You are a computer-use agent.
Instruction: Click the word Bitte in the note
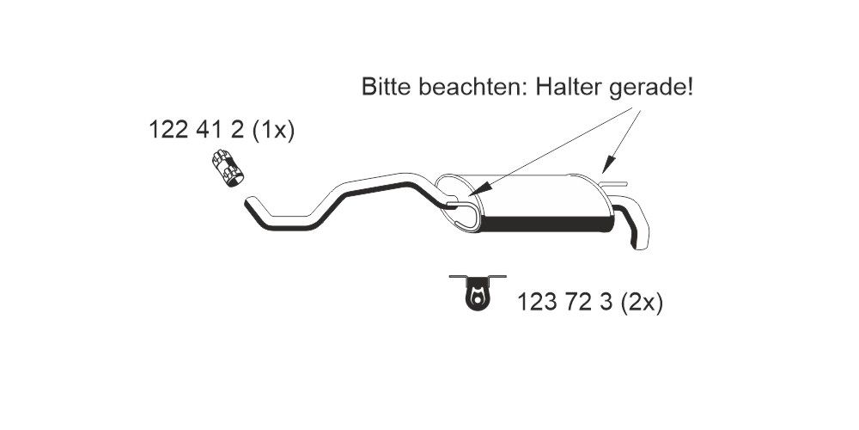(387, 88)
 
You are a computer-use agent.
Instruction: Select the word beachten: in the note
(466, 88)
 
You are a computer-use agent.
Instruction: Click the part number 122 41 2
(197, 131)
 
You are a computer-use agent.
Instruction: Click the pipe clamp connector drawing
(227, 167)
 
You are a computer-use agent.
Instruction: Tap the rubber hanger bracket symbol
(476, 292)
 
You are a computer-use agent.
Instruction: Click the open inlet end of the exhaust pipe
(249, 205)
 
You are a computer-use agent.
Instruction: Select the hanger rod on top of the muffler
(614, 183)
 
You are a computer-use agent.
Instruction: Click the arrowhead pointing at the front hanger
(478, 187)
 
